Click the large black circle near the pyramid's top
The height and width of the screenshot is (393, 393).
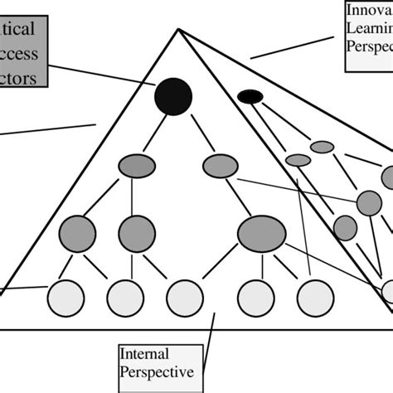pos(173,96)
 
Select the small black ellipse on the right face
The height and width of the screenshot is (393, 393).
pos(250,97)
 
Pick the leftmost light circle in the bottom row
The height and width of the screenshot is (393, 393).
pos(65,298)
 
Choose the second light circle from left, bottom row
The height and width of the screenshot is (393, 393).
pos(125,298)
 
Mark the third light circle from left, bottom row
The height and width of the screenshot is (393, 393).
pos(185,298)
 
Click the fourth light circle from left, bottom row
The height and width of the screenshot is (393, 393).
pos(255,298)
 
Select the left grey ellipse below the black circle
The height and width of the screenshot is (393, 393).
pos(137,166)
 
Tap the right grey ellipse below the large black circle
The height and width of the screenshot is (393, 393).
pos(220,166)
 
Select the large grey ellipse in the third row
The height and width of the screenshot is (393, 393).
pos(261,233)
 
